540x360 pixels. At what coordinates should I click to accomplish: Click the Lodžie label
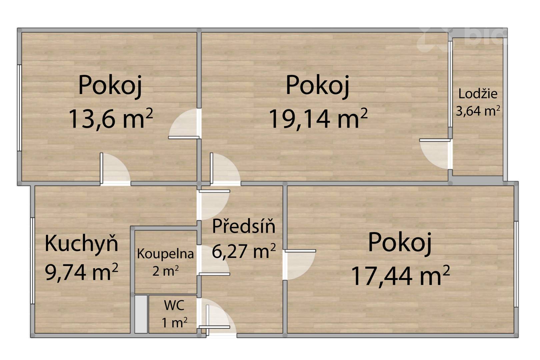(478, 94)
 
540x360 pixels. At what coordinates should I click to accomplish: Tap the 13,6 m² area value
(111, 119)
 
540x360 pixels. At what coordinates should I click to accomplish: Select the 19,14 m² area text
(318, 119)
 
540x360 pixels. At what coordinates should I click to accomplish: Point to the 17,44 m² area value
(400, 276)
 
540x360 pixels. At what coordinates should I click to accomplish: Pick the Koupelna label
(165, 254)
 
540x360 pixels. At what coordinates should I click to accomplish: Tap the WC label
(174, 305)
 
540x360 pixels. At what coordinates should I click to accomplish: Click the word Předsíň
(243, 226)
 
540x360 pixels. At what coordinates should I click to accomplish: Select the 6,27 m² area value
(243, 251)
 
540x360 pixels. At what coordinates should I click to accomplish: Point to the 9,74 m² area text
(81, 272)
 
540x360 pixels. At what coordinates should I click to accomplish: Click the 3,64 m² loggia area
(478, 111)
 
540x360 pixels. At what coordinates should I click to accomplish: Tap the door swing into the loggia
(435, 154)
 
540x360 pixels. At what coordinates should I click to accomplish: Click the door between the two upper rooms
(184, 124)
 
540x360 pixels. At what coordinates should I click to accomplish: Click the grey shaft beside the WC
(141, 314)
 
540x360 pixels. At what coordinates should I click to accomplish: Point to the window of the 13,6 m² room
(19, 108)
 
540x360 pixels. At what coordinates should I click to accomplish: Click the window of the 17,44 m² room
(516, 264)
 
